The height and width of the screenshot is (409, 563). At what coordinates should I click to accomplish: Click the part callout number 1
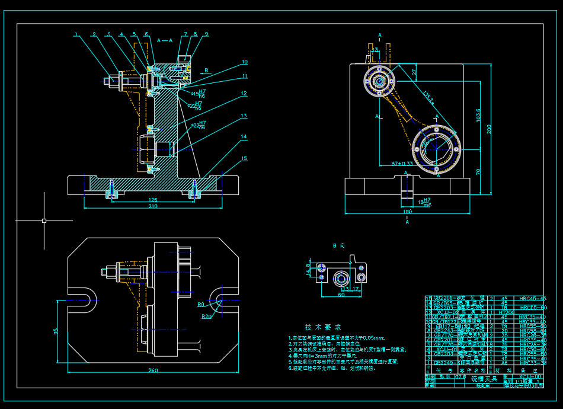[76, 34]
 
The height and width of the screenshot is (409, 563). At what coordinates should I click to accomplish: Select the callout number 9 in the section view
[206, 34]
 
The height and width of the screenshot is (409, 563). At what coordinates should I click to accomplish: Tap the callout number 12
[244, 93]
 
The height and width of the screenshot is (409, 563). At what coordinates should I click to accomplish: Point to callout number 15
[244, 158]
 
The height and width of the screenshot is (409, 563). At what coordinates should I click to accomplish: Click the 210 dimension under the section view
[152, 207]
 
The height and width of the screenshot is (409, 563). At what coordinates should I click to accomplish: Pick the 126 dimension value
[152, 200]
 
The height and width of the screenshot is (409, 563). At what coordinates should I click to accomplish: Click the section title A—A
[165, 40]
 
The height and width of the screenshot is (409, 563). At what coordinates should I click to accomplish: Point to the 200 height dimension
[489, 129]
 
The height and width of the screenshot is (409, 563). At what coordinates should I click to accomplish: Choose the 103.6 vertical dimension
[478, 114]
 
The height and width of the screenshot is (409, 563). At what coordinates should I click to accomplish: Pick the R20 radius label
[206, 317]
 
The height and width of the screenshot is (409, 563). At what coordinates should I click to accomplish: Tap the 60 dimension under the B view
[341, 294]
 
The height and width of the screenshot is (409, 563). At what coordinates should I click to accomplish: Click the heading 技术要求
[323, 327]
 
